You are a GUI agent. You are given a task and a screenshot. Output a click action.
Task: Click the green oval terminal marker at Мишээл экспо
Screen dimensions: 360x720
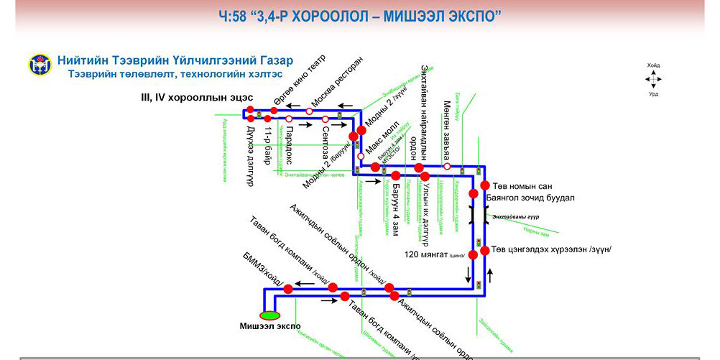coord(270,314)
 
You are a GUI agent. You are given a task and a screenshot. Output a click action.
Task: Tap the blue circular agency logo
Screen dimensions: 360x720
coord(40,65)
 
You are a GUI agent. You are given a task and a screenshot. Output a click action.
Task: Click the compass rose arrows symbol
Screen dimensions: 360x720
coord(653,79)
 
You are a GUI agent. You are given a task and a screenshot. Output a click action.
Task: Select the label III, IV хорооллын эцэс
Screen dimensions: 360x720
coord(197,97)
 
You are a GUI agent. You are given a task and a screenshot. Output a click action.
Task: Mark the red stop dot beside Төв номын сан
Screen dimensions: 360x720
coord(484,185)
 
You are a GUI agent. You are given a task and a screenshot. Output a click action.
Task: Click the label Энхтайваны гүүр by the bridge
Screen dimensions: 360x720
coord(517,216)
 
